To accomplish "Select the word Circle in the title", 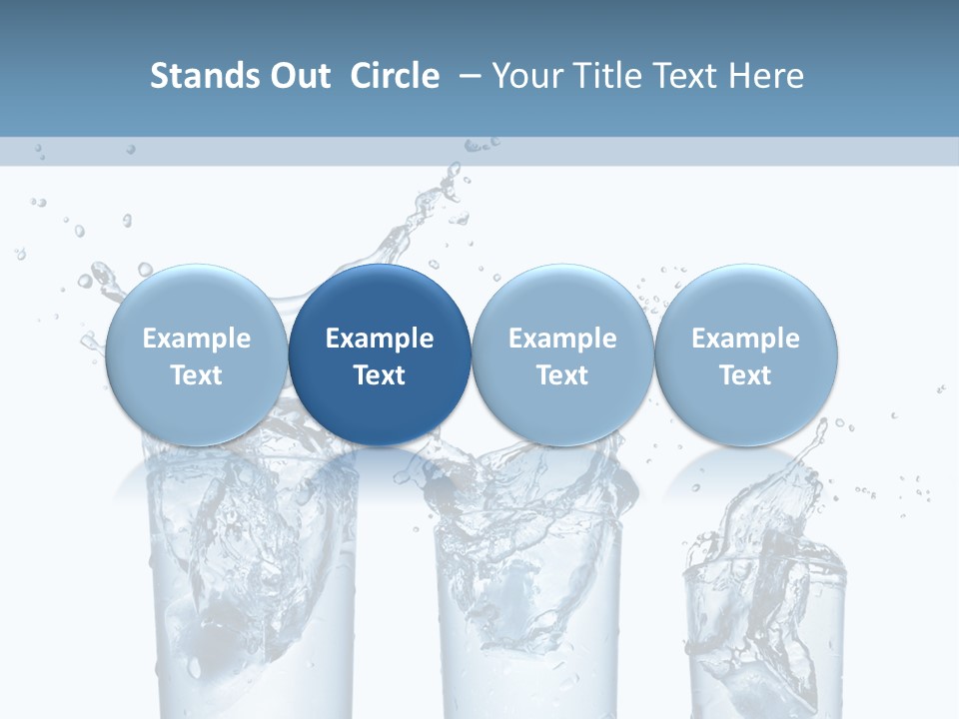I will [x=395, y=76].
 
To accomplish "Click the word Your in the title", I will [x=526, y=76].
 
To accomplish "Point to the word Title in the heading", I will [x=601, y=76].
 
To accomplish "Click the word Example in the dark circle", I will [x=380, y=339].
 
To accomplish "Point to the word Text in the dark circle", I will [x=380, y=375].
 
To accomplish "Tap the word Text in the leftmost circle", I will [x=196, y=375].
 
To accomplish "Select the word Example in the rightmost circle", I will [x=746, y=339].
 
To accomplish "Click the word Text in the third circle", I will [x=562, y=375].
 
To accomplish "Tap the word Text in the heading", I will [x=679, y=76].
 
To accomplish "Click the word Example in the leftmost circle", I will [x=196, y=339].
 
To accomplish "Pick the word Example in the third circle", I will [x=562, y=339].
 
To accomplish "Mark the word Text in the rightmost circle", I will [x=746, y=375].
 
